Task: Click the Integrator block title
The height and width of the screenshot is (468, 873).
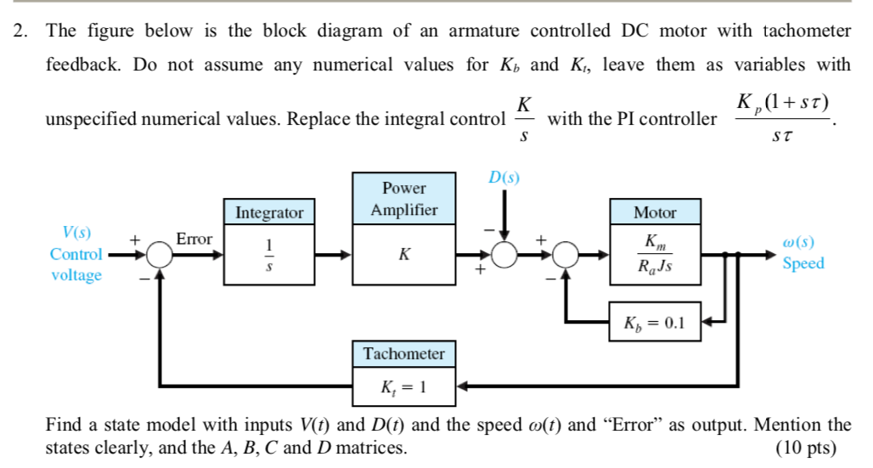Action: tap(268, 212)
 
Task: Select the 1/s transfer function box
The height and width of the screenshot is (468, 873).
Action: tap(268, 253)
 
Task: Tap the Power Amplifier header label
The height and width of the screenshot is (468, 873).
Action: tap(404, 198)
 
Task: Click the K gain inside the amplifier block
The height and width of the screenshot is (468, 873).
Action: tap(404, 253)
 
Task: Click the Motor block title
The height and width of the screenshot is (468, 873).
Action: tap(655, 212)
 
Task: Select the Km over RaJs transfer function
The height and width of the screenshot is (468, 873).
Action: tap(655, 253)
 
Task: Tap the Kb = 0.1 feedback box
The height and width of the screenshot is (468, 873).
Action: tap(655, 323)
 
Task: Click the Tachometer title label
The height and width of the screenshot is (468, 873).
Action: tap(404, 353)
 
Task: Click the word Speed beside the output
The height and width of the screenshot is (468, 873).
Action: tap(803, 262)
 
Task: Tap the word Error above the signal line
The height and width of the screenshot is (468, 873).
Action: tap(194, 240)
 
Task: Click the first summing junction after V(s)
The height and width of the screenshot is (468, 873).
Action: tap(159, 254)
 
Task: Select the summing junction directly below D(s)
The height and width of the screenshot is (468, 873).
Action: tap(504, 254)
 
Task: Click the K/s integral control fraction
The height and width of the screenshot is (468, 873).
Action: tap(524, 118)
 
